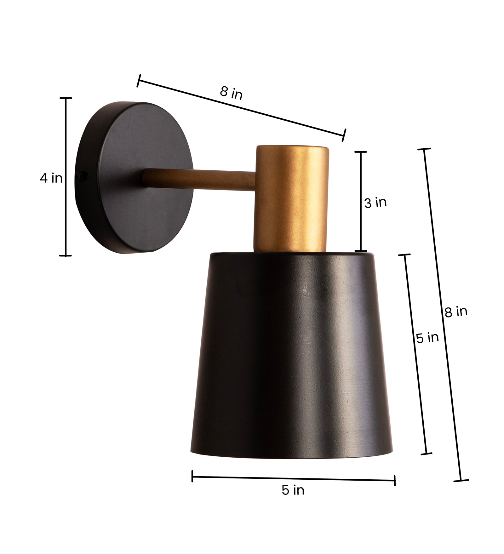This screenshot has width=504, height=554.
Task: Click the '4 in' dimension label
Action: pos(51,178)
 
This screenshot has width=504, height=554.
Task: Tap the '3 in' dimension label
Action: pos(375,203)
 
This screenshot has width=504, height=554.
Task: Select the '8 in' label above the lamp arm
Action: pos(231,93)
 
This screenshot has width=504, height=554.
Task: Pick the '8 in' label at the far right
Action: pos(456,311)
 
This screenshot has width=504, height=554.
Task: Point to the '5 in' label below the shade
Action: pos(293,490)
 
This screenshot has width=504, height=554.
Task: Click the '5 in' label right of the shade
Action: pos(427,338)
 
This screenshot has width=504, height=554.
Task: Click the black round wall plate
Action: pos(135,176)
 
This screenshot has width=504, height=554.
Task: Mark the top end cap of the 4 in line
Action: pos(66,98)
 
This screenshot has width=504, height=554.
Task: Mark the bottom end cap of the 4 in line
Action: pos(66,255)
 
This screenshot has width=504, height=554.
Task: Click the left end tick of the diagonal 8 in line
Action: pos(138,81)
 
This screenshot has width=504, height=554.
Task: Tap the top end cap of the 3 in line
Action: pos(361,152)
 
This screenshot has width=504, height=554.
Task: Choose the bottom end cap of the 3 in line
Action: pos(361,251)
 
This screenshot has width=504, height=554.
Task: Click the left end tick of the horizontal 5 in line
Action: pos(192,476)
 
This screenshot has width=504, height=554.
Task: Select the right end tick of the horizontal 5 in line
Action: pos(395,481)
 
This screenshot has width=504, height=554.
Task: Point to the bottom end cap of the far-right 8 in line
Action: pos(461,481)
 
